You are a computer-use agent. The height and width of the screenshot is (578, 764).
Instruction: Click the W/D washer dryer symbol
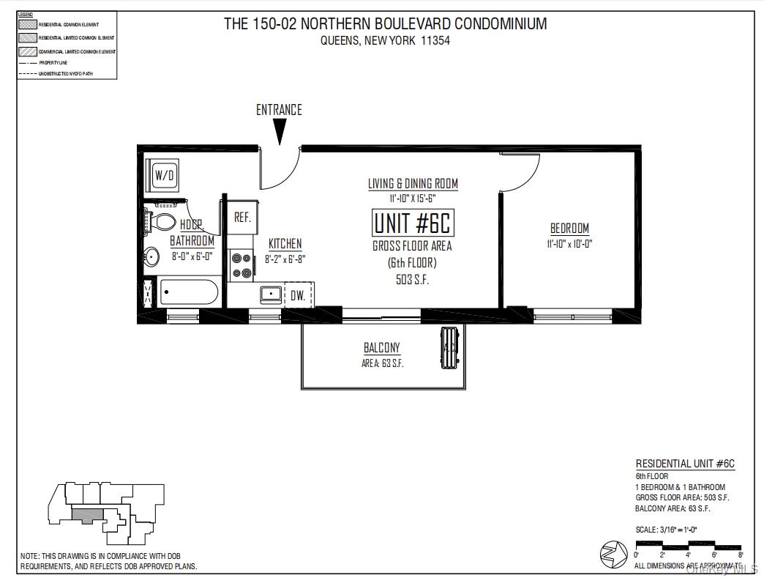(164, 176)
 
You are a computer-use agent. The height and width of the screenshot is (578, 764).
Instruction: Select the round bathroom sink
(152, 256)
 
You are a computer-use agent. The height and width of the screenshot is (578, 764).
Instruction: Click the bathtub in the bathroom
(189, 294)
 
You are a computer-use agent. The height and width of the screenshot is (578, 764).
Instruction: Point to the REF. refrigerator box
(242, 218)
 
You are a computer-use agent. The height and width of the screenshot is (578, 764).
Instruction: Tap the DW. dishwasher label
(298, 295)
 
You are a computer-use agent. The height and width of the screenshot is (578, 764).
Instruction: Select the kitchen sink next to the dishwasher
(271, 294)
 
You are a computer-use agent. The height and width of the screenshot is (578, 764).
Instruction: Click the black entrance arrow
(280, 133)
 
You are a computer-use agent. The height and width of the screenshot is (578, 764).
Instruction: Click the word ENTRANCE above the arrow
(279, 110)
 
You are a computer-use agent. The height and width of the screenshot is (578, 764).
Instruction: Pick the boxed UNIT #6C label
(412, 223)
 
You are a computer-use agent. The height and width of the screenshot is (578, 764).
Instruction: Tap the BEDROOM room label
(569, 229)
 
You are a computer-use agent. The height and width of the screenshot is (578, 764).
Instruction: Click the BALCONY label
(382, 348)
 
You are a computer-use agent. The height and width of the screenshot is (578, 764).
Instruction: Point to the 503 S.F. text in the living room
(412, 279)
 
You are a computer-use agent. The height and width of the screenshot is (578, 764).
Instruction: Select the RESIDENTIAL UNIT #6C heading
(684, 464)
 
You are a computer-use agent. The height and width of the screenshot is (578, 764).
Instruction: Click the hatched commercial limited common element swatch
(27, 51)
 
